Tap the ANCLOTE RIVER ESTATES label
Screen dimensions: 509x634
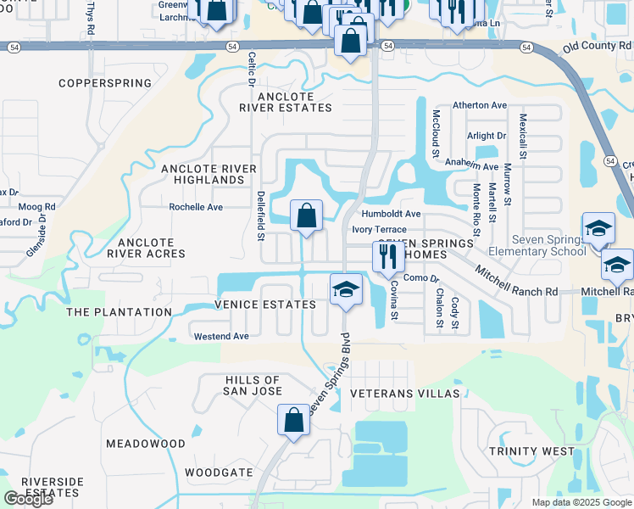pos(274,102)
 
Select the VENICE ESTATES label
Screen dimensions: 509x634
pos(259,304)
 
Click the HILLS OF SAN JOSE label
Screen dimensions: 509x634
pos(253,385)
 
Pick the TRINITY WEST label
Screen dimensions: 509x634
pos(531,451)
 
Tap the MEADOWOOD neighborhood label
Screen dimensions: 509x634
pos(145,444)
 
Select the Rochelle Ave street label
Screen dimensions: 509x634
pos(196,207)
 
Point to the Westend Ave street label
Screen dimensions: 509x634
pos(221,336)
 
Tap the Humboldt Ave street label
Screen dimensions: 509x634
pos(391,214)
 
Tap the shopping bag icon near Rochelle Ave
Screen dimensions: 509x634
pos(307,216)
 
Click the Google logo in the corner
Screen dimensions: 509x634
pos(28,499)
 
